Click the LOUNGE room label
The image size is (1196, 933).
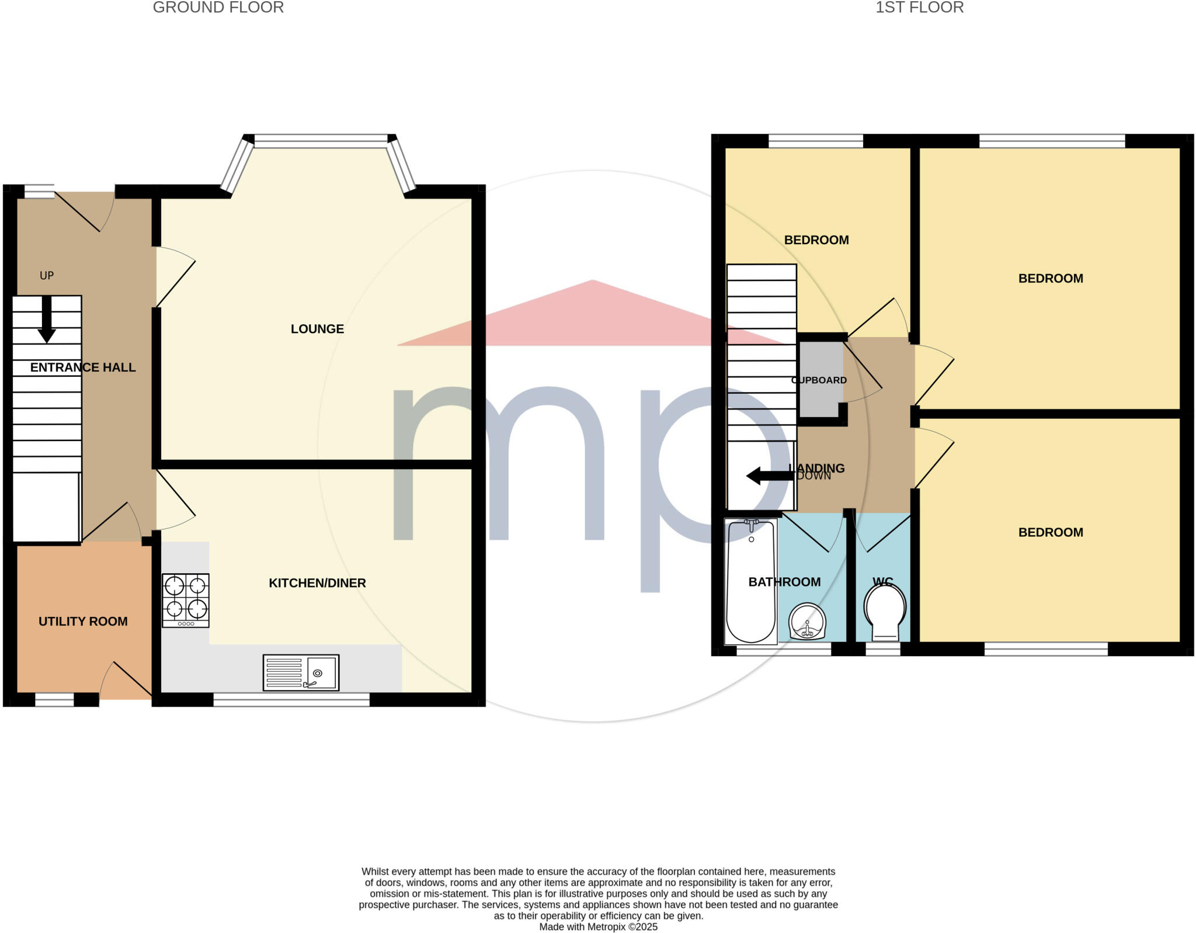click(317, 329)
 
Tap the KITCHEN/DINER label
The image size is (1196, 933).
click(317, 582)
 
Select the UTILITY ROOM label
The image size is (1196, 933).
click(83, 621)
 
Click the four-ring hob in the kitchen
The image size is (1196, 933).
click(186, 600)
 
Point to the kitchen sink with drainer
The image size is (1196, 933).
click(301, 672)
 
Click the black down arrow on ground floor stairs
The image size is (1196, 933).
click(47, 319)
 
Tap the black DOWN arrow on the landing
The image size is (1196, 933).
click(770, 476)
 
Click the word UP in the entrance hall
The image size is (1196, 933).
click(47, 275)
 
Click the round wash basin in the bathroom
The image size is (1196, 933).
click(808, 622)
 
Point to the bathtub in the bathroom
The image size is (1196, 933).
click(750, 582)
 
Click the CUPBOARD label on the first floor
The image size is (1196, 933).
click(819, 380)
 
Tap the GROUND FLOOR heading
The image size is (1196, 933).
click(218, 8)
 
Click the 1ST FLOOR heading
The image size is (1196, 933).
click(919, 8)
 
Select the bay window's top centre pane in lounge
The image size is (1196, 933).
click(321, 141)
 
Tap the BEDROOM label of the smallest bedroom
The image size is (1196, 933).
click(816, 240)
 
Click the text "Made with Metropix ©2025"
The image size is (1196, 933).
click(598, 927)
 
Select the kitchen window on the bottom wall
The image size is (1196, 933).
click(291, 699)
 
